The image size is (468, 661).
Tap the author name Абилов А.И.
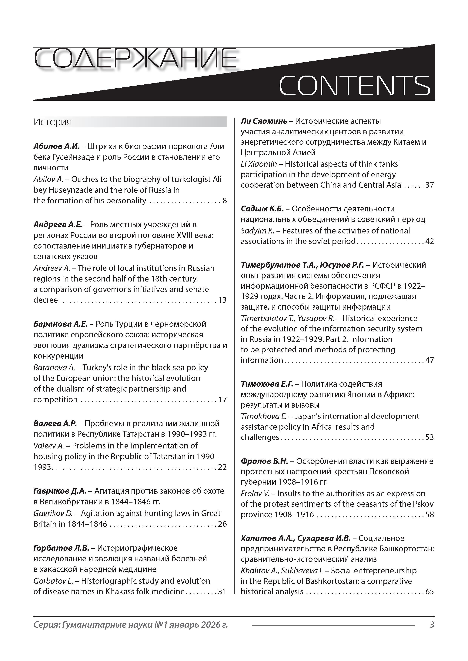coord(56,146)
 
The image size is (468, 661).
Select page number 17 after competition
coord(222,400)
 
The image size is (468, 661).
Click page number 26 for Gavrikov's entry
coord(222,524)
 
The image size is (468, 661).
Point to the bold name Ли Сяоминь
coord(264,121)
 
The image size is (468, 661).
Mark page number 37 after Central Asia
coord(429,185)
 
